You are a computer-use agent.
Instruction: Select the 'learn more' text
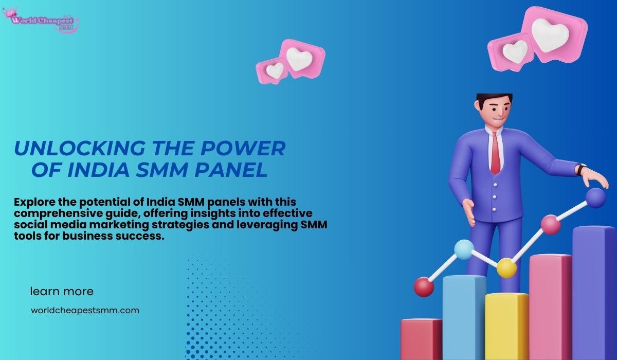point(62,292)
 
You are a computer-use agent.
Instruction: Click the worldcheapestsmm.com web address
point(85,310)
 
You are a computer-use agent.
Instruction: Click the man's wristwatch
point(581,169)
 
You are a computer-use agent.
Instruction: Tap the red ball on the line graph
point(424,287)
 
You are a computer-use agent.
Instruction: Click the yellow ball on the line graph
point(506,267)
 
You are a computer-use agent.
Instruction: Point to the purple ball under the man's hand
point(595,197)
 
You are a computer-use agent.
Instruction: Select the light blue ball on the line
point(464,249)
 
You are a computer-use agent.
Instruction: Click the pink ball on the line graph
point(550,225)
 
